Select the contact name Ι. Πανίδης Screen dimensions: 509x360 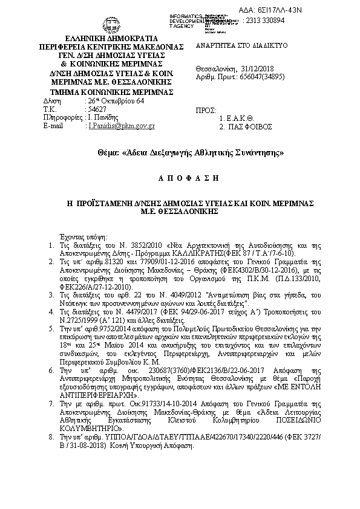point(104,117)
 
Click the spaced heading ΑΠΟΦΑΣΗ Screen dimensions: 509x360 point(179,181)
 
